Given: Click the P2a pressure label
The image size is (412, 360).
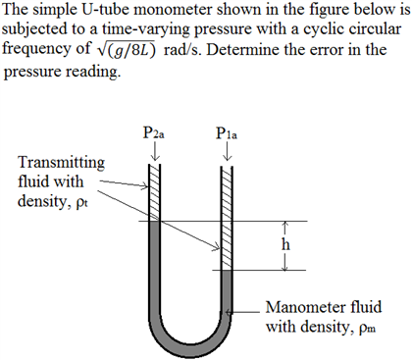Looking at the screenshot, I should coord(153,134).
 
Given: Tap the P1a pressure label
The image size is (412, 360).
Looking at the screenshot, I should coord(227,134).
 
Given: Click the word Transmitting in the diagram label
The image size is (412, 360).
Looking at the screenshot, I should coord(60,162).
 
